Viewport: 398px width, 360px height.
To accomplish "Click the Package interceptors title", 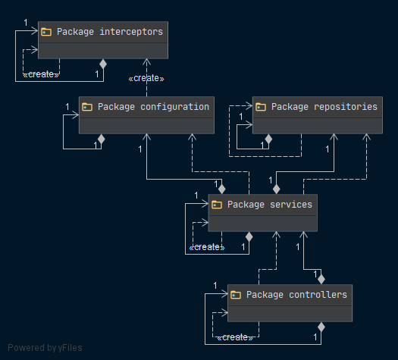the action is [110, 32].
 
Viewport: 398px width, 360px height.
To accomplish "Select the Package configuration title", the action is [153, 107].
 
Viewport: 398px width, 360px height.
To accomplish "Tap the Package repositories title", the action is [324, 107].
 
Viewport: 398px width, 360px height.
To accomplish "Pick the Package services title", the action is [270, 205].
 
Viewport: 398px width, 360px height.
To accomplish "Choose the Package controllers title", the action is [296, 295].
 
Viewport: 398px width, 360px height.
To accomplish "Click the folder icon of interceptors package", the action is [46, 32].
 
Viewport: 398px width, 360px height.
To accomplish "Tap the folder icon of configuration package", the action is [87, 107].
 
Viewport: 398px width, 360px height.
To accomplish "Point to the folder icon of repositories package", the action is [261, 107].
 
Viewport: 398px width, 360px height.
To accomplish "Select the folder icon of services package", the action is [217, 205].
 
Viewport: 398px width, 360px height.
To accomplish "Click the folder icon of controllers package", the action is [236, 295].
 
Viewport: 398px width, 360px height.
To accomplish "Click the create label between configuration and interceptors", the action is [146, 78].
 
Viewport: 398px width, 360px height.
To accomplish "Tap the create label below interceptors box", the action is [41, 74].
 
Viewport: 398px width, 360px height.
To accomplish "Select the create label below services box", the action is [207, 247].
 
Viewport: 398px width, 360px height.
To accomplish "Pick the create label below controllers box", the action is [235, 338].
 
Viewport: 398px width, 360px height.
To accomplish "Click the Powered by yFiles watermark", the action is [45, 348].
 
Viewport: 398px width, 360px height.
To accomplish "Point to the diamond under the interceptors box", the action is [103, 64].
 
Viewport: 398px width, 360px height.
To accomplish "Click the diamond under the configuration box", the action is [102, 139].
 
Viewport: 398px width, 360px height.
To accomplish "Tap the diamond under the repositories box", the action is [268, 139].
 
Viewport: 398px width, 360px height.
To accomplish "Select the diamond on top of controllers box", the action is [321, 280].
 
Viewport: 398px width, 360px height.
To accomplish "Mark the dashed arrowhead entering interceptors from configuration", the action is [146, 61].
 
